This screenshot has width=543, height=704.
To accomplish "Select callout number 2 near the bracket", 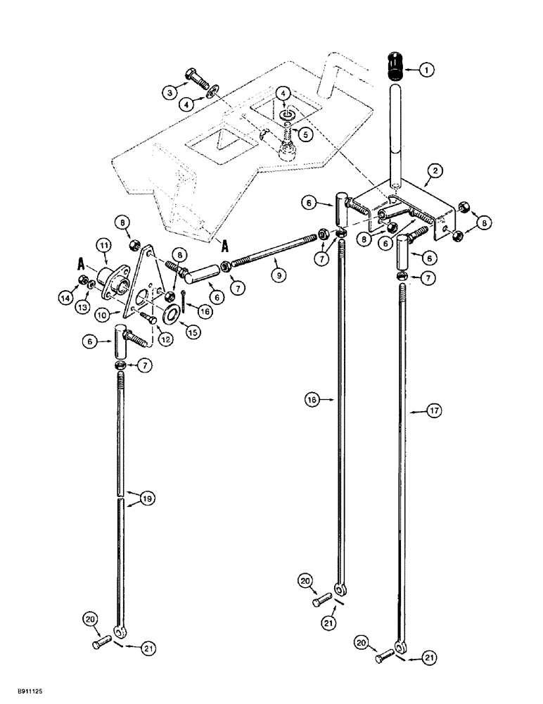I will pyautogui.click(x=436, y=171).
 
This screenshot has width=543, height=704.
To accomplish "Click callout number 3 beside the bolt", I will pyautogui.click(x=169, y=92).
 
